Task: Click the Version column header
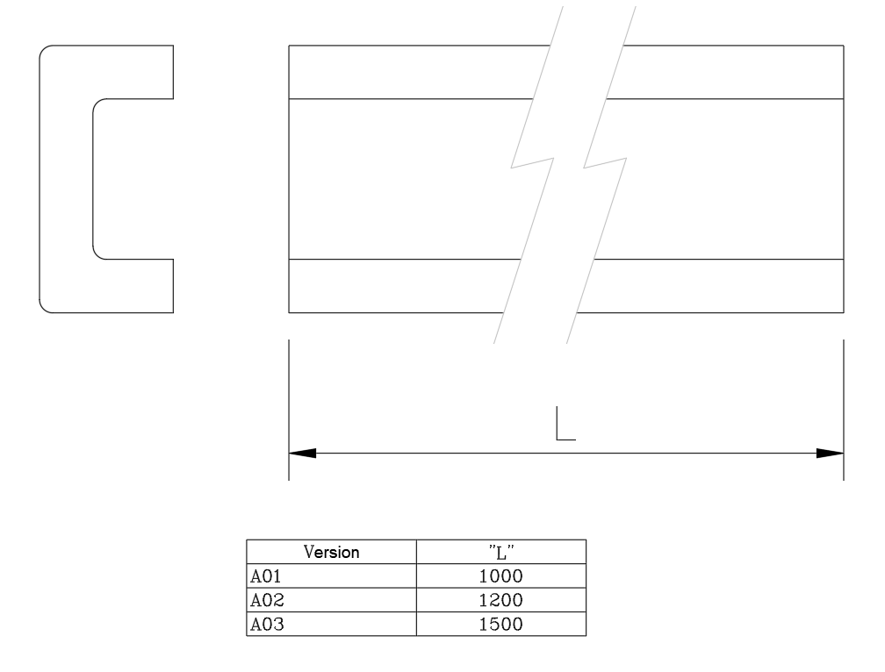[331, 553]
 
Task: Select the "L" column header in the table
[500, 553]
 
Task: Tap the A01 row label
[263, 576]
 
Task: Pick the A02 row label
[263, 601]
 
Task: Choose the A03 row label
[263, 625]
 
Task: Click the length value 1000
[500, 576]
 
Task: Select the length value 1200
[500, 601]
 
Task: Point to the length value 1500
[500, 625]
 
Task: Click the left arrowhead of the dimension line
[302, 454]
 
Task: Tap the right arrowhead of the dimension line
[831, 454]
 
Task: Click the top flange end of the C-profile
[173, 72]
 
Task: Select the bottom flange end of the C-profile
[173, 286]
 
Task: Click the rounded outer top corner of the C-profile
[45, 51]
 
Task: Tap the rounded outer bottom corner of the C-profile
[45, 307]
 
